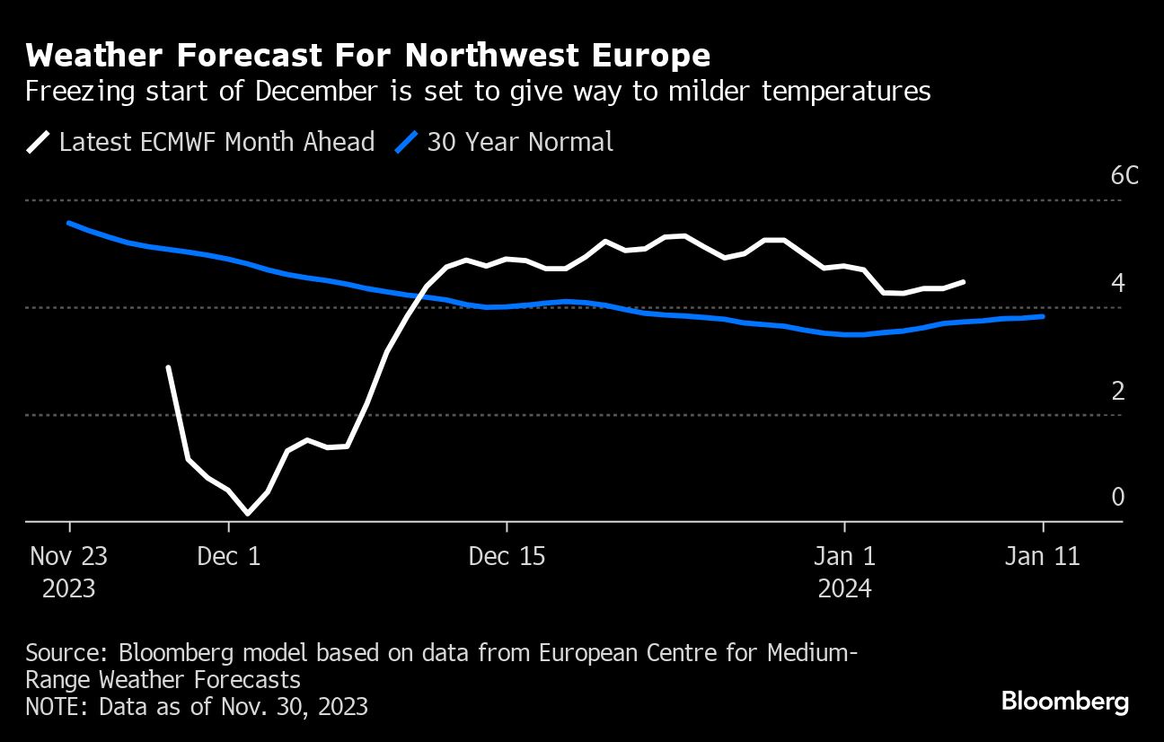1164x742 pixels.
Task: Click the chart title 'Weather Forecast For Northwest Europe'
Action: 368,56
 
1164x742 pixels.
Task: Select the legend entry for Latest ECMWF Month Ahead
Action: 201,142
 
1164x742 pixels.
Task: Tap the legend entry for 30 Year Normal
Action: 506,142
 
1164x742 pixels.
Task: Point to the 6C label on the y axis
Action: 1124,175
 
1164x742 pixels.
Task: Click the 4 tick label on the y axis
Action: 1117,283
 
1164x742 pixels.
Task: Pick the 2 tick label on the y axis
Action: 1117,391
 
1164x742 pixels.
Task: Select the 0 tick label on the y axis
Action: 1117,497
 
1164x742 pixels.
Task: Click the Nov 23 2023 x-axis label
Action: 68,571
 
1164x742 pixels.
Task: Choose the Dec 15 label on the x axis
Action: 507,556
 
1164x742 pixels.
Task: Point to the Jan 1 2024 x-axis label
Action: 844,571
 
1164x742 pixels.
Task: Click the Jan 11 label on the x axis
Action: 1042,556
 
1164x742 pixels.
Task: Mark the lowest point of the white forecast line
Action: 247,514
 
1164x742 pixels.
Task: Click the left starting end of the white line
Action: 168,367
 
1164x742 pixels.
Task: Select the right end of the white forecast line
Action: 963,282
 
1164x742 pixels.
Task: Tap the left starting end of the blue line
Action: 69,223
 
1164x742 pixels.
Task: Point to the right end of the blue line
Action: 1042,316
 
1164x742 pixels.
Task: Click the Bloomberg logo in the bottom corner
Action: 1065,701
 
